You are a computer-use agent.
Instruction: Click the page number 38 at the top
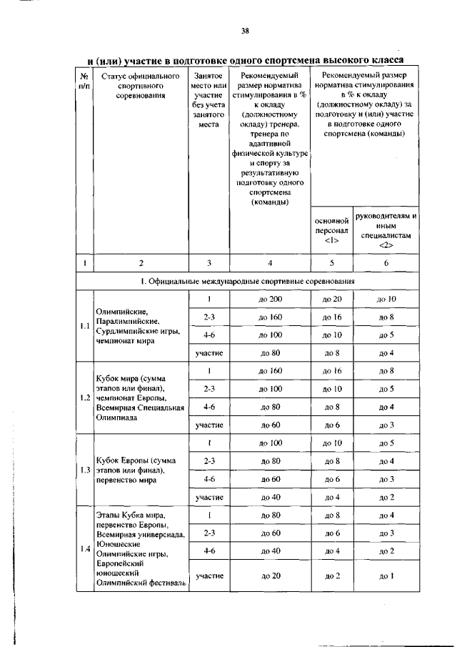point(244,31)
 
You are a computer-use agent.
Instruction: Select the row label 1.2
point(85,398)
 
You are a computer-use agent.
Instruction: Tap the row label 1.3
point(85,470)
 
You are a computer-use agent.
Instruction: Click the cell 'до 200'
point(271,299)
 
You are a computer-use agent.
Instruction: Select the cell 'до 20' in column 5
point(332,299)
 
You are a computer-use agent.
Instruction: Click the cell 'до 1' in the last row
point(386,576)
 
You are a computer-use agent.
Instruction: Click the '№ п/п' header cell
point(85,80)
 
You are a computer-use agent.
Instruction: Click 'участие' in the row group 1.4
point(209,576)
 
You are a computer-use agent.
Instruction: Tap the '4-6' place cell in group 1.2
point(209,407)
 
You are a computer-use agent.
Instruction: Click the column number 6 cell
point(386,263)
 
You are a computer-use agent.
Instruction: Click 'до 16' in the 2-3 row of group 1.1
point(332,317)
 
